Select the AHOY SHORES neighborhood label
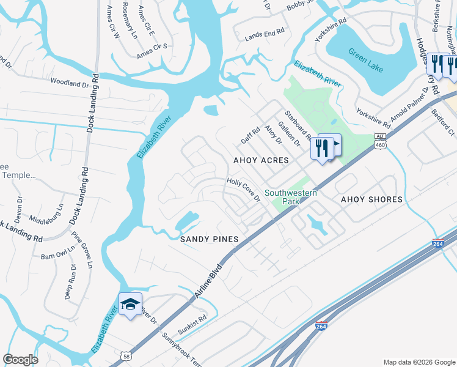371,199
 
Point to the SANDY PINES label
208,239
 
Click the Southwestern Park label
291,197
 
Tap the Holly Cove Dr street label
244,190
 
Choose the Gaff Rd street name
246,136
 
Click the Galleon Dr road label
288,134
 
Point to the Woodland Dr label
70,81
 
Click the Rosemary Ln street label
130,20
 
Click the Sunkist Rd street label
194,318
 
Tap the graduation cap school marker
130,305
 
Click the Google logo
20,360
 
